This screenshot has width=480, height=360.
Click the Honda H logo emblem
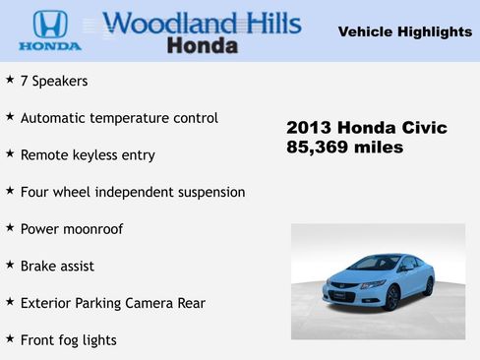pos(49,24)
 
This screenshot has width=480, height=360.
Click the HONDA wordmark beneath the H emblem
pos(49,46)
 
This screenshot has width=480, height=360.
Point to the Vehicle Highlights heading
pos(404,32)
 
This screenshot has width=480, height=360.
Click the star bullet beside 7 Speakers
pos(10,79)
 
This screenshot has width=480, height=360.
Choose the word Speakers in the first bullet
pos(62,81)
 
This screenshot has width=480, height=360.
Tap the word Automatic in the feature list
pos(55,118)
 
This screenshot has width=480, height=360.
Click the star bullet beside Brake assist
pos(10,265)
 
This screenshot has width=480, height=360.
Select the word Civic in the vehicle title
pos(422,128)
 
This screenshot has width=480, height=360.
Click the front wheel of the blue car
pos(391,295)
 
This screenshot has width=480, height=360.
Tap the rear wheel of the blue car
pos(428,285)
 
